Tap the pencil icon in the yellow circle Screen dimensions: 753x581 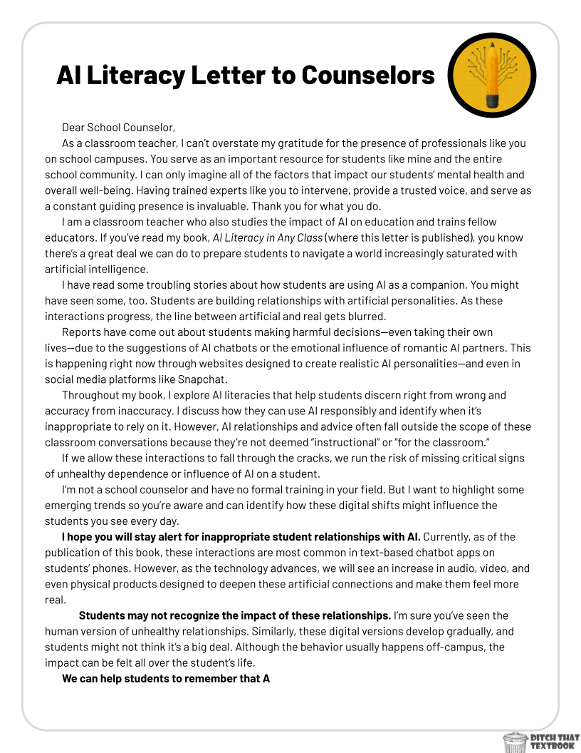coord(491,73)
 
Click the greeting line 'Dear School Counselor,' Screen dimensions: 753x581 coord(118,128)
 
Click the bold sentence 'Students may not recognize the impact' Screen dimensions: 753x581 coord(234,615)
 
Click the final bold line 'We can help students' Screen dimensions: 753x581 coord(165,678)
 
